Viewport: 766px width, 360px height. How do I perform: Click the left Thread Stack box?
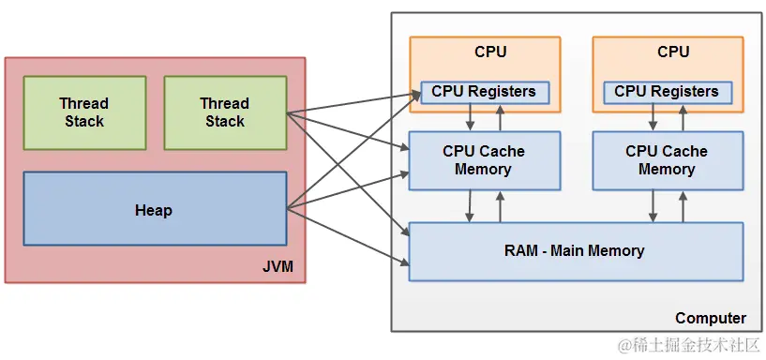84,112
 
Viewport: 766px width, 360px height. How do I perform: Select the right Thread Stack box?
225,112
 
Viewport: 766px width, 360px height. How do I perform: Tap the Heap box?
154,210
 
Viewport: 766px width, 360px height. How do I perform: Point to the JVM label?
278,267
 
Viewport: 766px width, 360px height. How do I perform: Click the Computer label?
711,318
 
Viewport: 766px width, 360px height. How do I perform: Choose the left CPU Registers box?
484,92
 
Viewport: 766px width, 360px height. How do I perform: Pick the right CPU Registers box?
667,92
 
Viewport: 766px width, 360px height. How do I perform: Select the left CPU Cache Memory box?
484,160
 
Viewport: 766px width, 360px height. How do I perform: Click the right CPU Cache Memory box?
667,160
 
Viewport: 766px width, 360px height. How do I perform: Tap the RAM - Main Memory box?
576,250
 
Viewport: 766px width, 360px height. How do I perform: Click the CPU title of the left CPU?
490,52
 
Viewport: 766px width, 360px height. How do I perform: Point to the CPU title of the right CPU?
673,52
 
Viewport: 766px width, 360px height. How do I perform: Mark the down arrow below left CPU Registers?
470,117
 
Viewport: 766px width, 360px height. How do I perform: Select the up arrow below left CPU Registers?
500,117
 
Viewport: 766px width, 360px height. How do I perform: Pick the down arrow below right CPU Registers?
653,117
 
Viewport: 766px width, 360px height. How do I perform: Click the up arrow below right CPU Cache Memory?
683,205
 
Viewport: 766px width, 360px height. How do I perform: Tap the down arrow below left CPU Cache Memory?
470,205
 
